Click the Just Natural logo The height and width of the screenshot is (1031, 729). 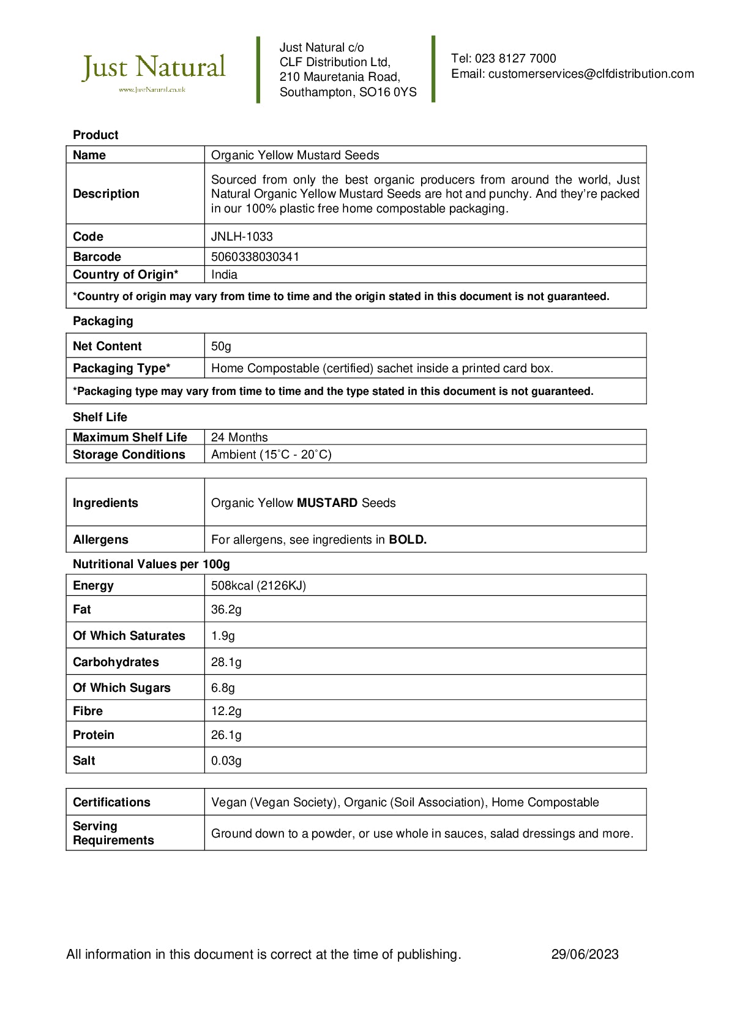point(154,70)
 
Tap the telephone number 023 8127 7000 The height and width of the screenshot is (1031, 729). point(515,59)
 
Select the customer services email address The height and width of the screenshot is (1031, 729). point(591,74)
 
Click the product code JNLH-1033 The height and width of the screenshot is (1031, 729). point(242,236)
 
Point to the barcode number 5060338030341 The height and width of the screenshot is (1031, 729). point(255,257)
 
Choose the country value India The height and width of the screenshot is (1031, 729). point(224,274)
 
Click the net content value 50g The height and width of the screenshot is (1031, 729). point(221,346)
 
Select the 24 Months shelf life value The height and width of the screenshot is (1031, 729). point(239,437)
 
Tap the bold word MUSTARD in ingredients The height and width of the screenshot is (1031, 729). point(327,503)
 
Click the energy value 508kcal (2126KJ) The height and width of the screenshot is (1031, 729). point(258,585)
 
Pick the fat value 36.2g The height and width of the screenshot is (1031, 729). point(226,609)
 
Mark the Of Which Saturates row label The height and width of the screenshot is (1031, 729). point(129,635)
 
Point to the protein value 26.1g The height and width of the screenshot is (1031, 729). point(226,735)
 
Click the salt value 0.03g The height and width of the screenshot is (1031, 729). point(226,760)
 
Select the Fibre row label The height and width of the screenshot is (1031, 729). point(88,711)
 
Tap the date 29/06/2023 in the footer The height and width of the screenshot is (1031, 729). point(585,954)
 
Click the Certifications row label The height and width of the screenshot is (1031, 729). point(111,802)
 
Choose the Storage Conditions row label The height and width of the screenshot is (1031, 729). point(129,454)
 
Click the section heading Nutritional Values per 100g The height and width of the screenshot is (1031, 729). point(151,564)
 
